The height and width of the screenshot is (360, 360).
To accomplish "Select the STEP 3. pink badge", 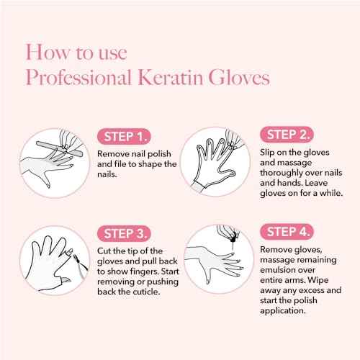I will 123,233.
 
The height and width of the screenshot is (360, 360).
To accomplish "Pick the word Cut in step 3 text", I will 105,249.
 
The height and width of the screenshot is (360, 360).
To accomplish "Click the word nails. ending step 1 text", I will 108,176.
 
